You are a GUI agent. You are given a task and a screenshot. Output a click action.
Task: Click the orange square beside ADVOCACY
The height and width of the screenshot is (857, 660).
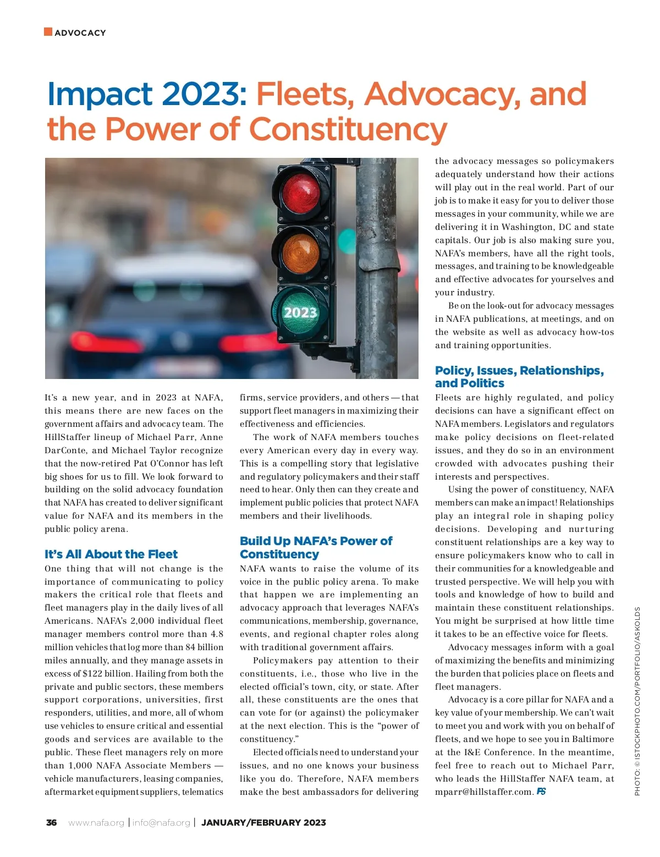tap(48, 32)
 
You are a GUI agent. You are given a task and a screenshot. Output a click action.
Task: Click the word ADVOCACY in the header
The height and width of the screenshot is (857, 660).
tap(80, 33)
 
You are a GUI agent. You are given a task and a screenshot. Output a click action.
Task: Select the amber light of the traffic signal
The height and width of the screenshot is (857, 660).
tap(300, 252)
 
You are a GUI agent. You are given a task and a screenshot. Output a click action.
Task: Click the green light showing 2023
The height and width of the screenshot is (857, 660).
tap(300, 312)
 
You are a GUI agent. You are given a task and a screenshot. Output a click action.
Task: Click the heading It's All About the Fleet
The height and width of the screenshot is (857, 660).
tap(111, 554)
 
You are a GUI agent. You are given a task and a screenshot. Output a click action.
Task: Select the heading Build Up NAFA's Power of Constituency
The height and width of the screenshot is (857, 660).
tap(316, 547)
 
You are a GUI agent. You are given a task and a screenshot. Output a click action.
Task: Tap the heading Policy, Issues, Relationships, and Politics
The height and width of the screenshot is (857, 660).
tap(519, 377)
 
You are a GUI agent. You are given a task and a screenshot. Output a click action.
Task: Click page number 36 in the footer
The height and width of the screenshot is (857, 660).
tap(51, 823)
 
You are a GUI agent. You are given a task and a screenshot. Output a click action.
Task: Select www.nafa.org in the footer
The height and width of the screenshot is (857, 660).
tap(96, 823)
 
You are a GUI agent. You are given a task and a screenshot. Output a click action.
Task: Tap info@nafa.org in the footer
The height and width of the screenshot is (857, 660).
tap(161, 823)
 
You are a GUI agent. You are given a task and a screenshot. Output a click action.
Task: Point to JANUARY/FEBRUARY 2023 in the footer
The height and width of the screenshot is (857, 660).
tap(263, 823)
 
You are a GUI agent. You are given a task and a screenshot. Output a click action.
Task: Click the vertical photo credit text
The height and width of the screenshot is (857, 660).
tap(637, 701)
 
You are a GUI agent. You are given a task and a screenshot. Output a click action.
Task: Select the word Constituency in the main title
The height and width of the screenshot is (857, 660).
tap(348, 129)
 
